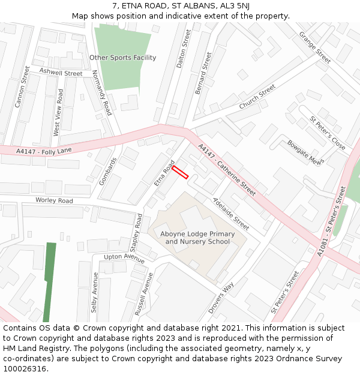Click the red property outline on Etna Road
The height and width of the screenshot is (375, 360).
click(x=180, y=172)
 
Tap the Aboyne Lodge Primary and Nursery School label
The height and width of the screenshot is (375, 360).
click(x=197, y=238)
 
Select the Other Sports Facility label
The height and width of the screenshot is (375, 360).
click(x=122, y=58)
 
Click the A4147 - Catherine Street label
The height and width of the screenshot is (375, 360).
click(x=226, y=169)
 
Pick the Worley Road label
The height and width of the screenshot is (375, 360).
click(x=54, y=200)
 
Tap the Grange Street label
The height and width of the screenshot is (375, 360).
click(x=314, y=47)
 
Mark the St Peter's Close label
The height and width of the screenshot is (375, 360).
click(x=328, y=133)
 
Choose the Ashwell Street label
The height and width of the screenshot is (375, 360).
click(x=61, y=73)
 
